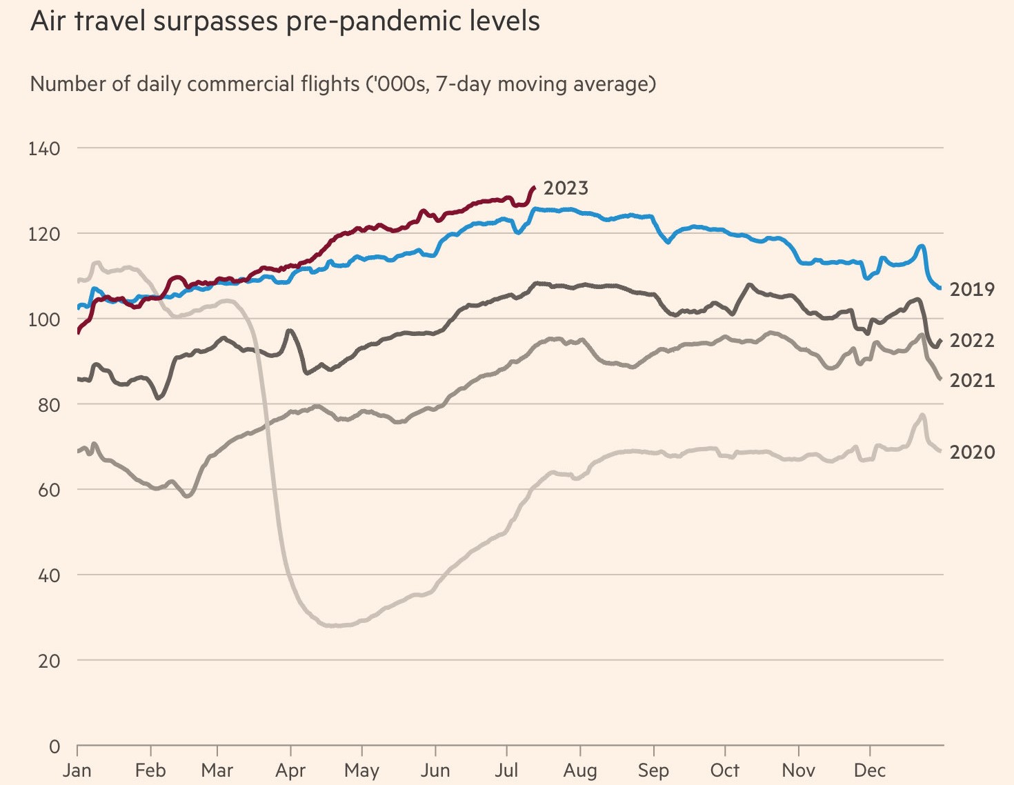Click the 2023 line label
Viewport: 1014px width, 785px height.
coord(566,188)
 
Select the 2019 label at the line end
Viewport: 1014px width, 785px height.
coord(972,290)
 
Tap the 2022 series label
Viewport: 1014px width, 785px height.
coord(972,341)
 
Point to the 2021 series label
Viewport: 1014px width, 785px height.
coord(972,381)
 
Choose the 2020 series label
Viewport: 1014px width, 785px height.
coord(972,453)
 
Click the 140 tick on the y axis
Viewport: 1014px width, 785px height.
coord(44,148)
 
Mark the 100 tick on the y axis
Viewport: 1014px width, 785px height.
coord(44,319)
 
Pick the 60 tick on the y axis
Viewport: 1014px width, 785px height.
coord(48,490)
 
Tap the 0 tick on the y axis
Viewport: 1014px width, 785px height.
coord(54,746)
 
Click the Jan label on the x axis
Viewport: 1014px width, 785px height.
coord(77,771)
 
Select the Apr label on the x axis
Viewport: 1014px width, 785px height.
coord(290,771)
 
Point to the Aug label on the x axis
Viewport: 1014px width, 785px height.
coord(580,771)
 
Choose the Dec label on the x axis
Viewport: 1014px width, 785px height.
coord(870,771)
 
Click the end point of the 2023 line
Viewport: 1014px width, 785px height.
coord(533,187)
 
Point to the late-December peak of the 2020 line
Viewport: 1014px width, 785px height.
coord(922,415)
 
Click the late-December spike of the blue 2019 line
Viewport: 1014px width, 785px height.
coord(921,246)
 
